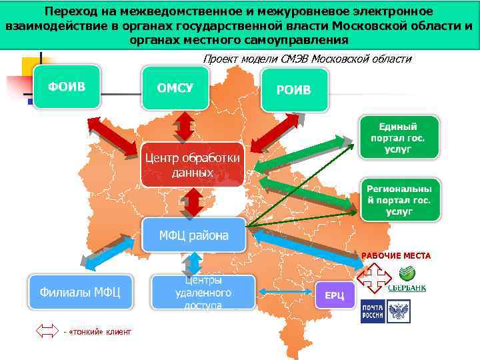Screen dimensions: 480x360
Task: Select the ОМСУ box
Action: tap(175, 88)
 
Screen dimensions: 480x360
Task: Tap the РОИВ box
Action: tap(293, 89)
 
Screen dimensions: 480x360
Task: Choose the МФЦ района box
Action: tap(193, 235)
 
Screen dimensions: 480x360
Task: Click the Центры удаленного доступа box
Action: tap(203, 292)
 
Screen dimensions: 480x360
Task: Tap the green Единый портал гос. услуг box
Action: tap(400, 138)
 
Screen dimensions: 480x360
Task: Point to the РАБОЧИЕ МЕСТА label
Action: tap(396, 256)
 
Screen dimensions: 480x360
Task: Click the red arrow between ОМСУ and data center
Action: tap(183, 125)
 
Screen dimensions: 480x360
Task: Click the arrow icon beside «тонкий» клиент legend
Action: tap(47, 331)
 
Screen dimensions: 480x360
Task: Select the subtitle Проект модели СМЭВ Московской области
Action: tap(307, 59)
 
